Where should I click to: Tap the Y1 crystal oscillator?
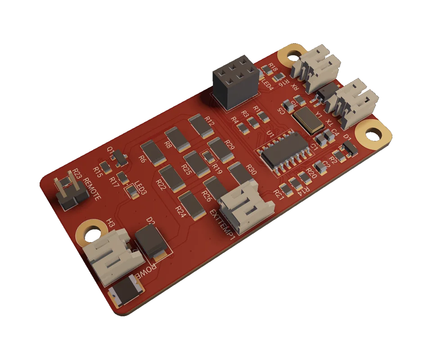[x=307, y=118]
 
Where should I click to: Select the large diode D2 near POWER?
[x=150, y=241]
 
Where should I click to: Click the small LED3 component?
[x=132, y=192]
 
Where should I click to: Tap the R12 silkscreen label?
[x=210, y=121]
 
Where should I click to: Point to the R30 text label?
[x=252, y=170]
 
